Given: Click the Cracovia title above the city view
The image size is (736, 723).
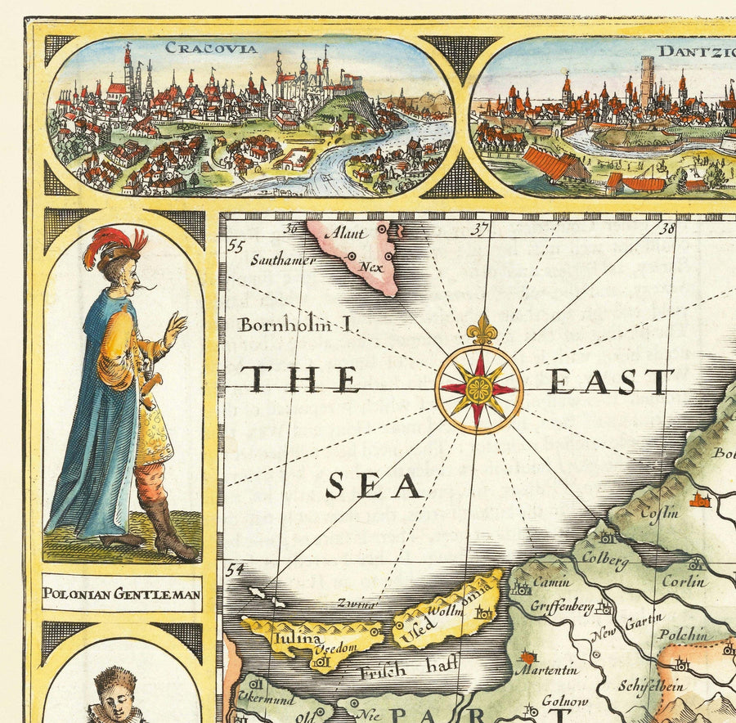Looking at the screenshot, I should (211, 47).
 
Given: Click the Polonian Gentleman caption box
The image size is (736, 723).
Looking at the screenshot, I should (122, 595).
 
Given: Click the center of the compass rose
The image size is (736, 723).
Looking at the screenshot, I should (478, 389).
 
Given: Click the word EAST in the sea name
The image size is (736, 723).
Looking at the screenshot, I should (610, 382).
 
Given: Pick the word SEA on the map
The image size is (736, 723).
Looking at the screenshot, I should (374, 487).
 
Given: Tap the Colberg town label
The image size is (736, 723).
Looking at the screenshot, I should (607, 562).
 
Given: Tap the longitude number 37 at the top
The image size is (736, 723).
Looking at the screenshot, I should (481, 230).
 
